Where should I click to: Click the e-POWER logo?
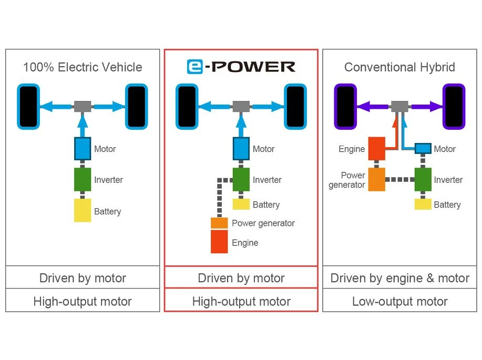(241, 66)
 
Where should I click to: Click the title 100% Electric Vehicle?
(83, 67)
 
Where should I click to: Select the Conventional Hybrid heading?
(399, 67)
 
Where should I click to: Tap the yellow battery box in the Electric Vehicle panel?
(83, 211)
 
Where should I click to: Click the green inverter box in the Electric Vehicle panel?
(83, 179)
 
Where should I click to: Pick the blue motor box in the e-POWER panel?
(241, 149)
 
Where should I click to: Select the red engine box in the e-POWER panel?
(219, 242)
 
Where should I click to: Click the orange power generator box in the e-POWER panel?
(219, 223)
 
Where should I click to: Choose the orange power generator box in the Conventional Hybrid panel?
(377, 179)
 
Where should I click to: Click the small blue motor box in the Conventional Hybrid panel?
(423, 149)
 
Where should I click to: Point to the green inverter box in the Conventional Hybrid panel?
(423, 179)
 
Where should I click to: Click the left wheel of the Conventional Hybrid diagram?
(346, 107)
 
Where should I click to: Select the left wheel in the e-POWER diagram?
(187, 107)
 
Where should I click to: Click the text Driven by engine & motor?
(399, 278)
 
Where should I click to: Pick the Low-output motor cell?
(399, 301)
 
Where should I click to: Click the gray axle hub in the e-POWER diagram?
(241, 107)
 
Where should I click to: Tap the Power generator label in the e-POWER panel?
(263, 223)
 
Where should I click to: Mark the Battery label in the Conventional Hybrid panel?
(447, 205)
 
